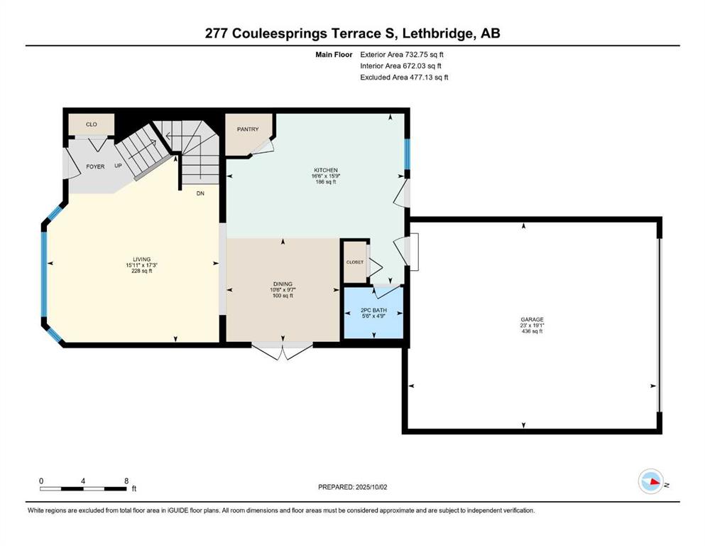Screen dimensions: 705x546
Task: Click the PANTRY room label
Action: pos(248,129)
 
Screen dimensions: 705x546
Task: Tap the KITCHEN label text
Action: pos(326,170)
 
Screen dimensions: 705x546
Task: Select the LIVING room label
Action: pos(141,259)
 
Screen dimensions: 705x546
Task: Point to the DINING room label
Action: pos(283,284)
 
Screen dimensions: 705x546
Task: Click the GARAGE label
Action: pos(532,320)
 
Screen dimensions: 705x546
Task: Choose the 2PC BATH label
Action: pos(373,311)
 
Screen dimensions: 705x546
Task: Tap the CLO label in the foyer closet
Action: pos(92,124)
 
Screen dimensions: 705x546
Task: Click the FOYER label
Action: pos(95,166)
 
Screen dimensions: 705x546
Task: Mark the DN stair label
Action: pos(200,193)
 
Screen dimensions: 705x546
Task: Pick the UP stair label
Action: pos(119,166)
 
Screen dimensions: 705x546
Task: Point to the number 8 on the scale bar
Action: pos(126,481)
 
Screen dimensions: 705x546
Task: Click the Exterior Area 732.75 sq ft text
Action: pos(402,55)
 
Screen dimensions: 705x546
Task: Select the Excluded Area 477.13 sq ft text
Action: pos(404,77)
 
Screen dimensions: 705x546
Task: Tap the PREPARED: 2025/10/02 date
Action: pos(352,487)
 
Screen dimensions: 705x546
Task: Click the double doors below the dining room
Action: pos(283,351)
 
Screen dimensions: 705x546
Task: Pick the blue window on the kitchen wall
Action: pos(407,154)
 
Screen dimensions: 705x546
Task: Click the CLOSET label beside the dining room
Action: pos(355,262)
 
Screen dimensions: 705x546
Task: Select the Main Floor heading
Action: pos(334,55)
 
